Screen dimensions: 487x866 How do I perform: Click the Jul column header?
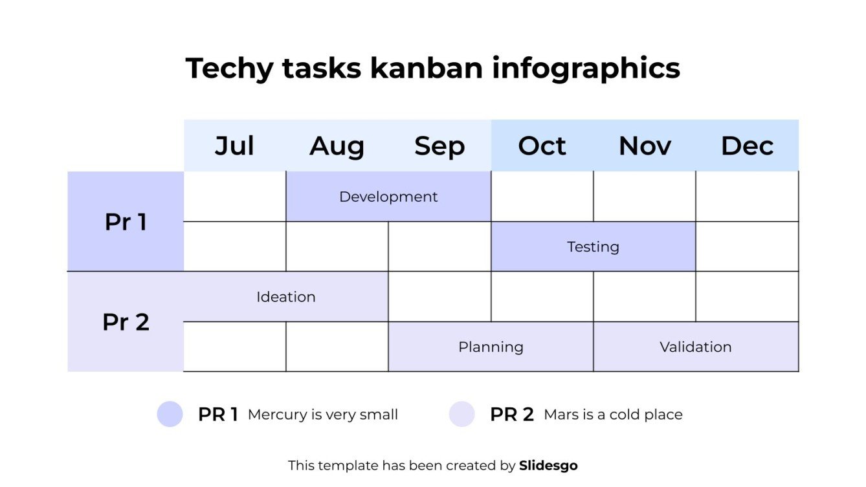pos(234,146)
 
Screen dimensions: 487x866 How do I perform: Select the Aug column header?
pos(337,146)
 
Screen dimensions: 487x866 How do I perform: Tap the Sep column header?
pos(439,146)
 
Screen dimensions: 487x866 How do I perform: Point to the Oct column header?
pos(542,146)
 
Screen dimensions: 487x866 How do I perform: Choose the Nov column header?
pos(645,146)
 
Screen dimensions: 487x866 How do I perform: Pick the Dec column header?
pos(747,146)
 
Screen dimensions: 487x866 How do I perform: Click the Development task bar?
pos(388,197)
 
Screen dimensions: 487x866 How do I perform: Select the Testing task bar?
pos(593,246)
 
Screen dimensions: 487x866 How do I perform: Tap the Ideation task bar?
pos(285,297)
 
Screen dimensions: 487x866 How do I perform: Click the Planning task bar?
pos(491,347)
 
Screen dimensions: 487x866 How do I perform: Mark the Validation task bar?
pos(695,347)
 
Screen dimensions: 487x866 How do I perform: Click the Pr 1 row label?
pos(126,222)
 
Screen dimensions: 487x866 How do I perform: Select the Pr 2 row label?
pos(126,321)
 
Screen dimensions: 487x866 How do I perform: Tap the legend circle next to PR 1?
pos(170,414)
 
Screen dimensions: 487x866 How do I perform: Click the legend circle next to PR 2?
pos(462,414)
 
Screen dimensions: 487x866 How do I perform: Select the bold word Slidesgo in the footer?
pos(548,465)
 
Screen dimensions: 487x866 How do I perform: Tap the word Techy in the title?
pos(229,68)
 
